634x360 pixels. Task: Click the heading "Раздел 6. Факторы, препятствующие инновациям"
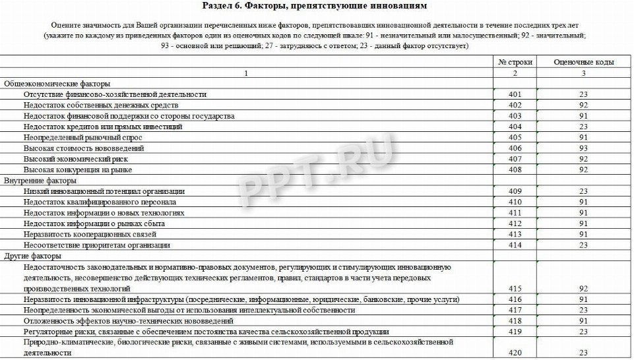click(x=317, y=6)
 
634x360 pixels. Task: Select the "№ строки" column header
click(x=515, y=62)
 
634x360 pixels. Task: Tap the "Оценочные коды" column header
click(x=583, y=62)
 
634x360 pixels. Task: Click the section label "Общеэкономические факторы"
click(x=57, y=84)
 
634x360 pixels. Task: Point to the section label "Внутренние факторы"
click(x=41, y=180)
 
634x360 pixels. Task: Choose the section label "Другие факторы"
click(x=33, y=256)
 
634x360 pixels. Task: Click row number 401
click(x=515, y=94)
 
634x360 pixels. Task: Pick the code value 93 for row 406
click(x=583, y=148)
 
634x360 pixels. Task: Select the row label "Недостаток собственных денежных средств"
click(x=101, y=105)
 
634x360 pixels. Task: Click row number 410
click(x=515, y=202)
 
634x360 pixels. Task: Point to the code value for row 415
click(x=583, y=288)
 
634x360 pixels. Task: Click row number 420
click(x=515, y=353)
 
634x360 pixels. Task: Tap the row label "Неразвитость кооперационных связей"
click(x=90, y=234)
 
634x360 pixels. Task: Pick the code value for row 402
click(x=583, y=105)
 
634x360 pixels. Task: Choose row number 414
click(x=515, y=245)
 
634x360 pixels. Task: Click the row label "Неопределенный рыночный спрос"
click(x=82, y=137)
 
